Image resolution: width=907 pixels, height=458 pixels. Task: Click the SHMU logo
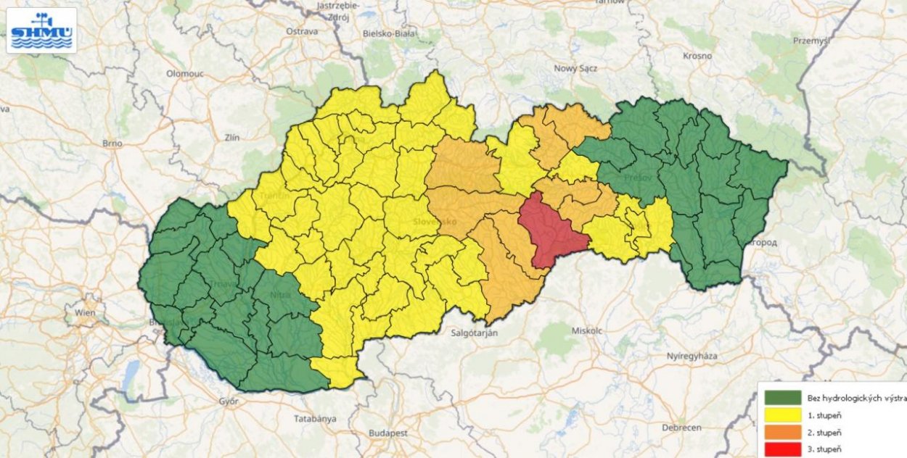[x=41, y=30]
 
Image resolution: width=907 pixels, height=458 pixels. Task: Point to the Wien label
[x=85, y=313]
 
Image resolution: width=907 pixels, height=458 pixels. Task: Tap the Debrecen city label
[x=681, y=428]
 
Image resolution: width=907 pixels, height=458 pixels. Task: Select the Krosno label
[x=697, y=56]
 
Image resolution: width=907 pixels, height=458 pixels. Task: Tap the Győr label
[x=229, y=400]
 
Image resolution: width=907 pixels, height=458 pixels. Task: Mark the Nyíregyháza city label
[x=696, y=356]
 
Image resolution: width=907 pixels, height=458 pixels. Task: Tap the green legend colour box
[x=782, y=397]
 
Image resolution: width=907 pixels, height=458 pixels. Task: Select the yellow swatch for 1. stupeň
[x=782, y=415]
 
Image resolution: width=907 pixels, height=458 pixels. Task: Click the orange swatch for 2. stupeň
[x=782, y=433]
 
